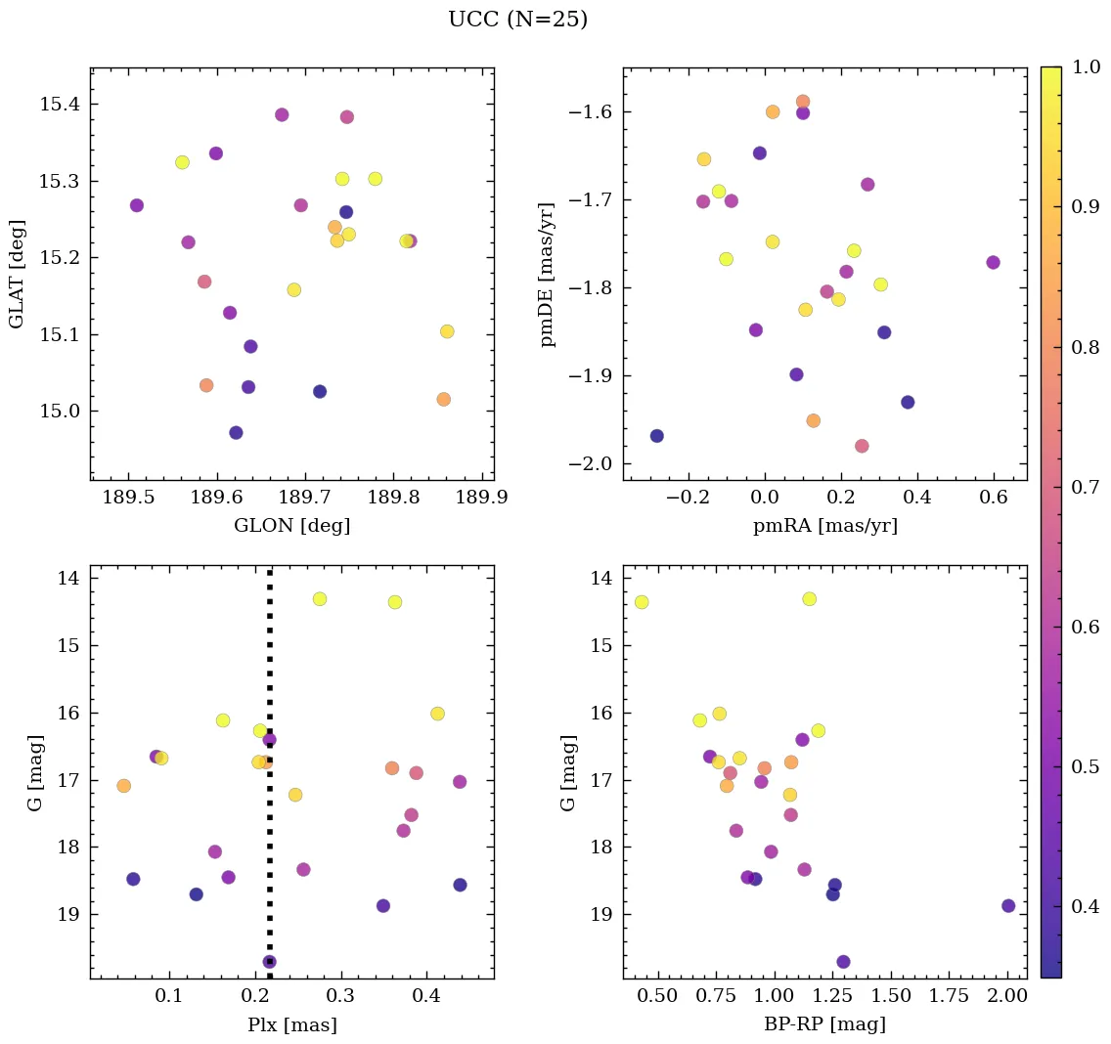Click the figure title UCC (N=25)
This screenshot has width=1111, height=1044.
pos(517,20)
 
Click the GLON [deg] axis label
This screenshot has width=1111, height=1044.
pos(291,526)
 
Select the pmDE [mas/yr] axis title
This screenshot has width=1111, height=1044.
pos(548,275)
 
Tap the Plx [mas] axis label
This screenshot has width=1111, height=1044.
pos(291,1025)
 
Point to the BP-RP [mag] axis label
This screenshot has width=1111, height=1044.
pos(824,1025)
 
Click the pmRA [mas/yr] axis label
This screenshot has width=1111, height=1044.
pos(824,526)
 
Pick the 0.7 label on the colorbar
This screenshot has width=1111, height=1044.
pos(1082,487)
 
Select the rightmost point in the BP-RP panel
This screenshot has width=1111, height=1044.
pos(1008,906)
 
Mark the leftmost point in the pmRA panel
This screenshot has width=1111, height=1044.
pos(657,436)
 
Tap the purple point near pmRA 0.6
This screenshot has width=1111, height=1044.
pos(993,262)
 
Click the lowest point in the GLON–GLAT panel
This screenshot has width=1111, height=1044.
pos(236,433)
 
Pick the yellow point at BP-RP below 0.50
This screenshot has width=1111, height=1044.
pos(642,602)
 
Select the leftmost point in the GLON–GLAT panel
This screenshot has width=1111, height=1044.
pos(137,205)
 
